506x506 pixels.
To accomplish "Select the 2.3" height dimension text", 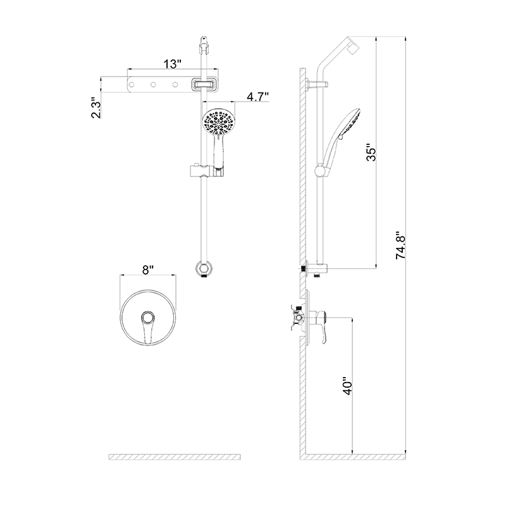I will (x=95, y=108).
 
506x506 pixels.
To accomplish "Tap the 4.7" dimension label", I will (x=258, y=97).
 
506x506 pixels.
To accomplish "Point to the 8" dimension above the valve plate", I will (x=148, y=270).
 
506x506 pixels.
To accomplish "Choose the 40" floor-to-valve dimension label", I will (x=347, y=388).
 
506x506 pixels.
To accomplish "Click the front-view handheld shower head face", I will (x=218, y=122).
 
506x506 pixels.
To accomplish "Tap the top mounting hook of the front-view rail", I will (x=203, y=44).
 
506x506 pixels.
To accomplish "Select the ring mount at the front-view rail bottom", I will (x=203, y=268).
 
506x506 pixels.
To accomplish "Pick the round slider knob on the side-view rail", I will (x=321, y=169).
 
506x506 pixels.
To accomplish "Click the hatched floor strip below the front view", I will (x=175, y=457).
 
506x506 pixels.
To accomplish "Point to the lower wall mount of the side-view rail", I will (x=314, y=269).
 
